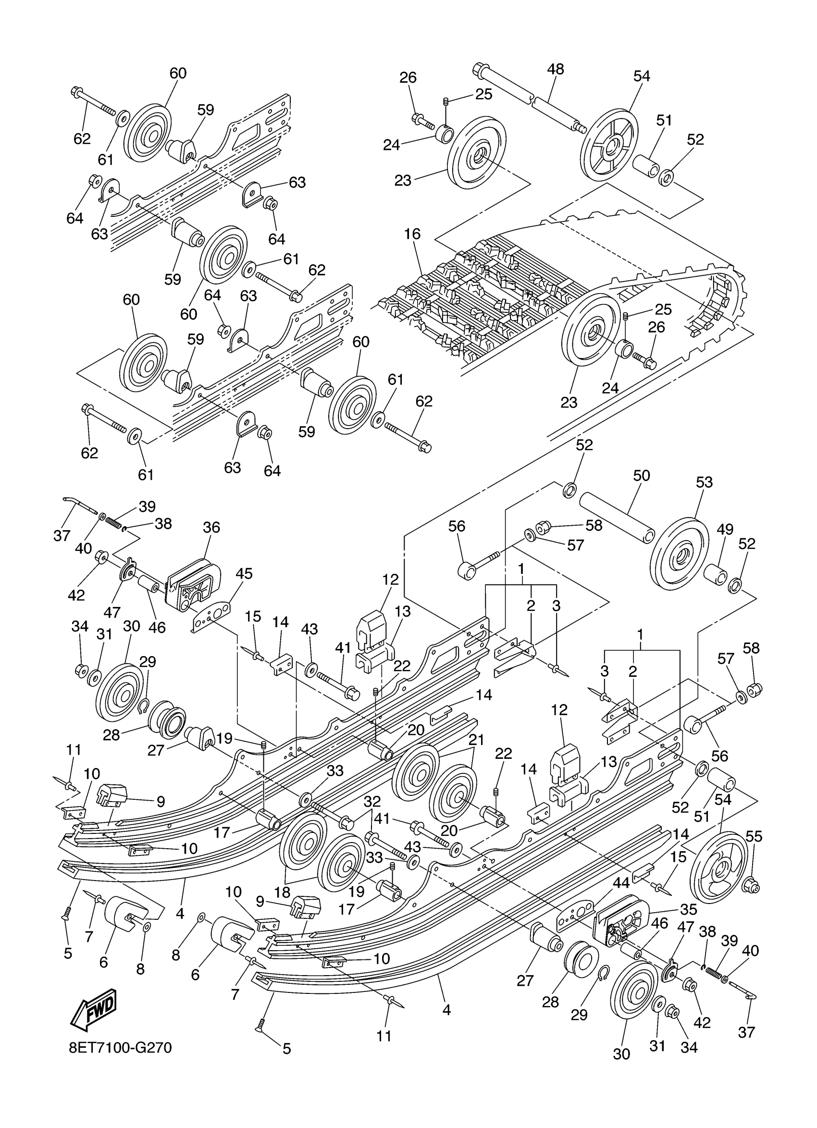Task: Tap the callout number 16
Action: (412, 234)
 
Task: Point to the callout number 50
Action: (642, 475)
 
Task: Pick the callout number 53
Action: (704, 482)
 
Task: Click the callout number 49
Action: (725, 530)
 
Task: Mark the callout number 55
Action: (754, 837)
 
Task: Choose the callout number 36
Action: (211, 527)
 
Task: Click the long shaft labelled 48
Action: (527, 99)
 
